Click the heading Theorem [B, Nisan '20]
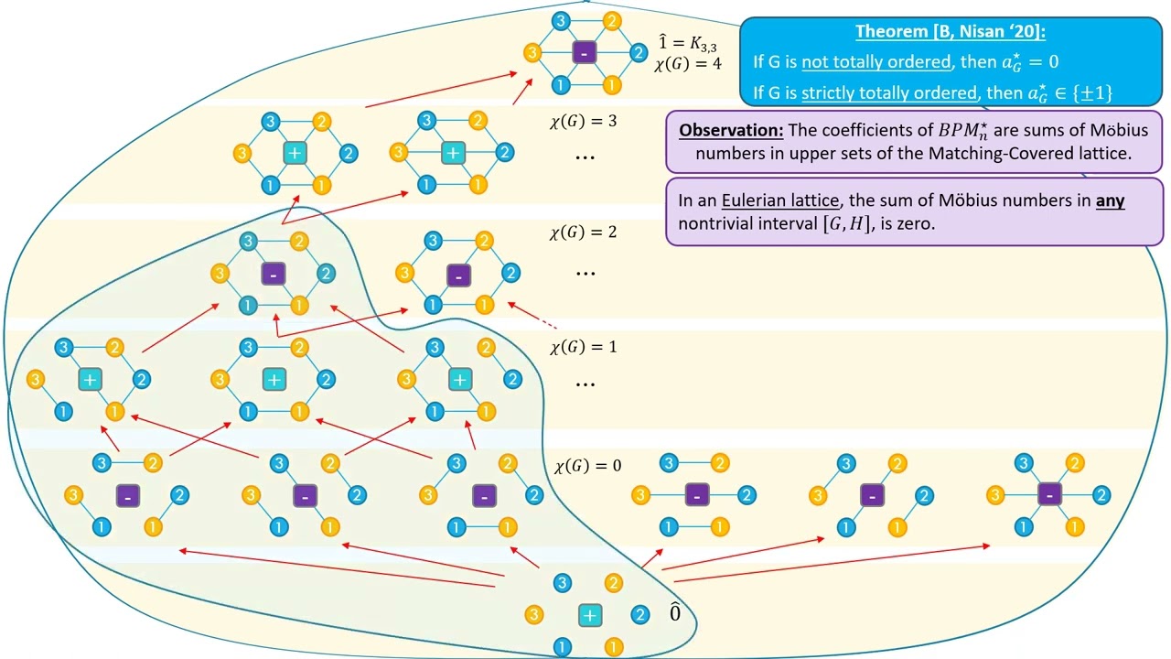point(951,32)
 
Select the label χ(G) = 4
point(688,63)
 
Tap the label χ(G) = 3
point(583,121)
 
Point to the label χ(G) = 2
point(583,232)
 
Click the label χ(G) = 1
point(583,348)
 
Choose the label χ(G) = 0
point(587,466)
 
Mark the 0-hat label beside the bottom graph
point(675,612)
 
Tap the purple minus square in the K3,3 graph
point(585,53)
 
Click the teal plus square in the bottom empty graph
point(589,615)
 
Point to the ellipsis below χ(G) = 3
point(585,157)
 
